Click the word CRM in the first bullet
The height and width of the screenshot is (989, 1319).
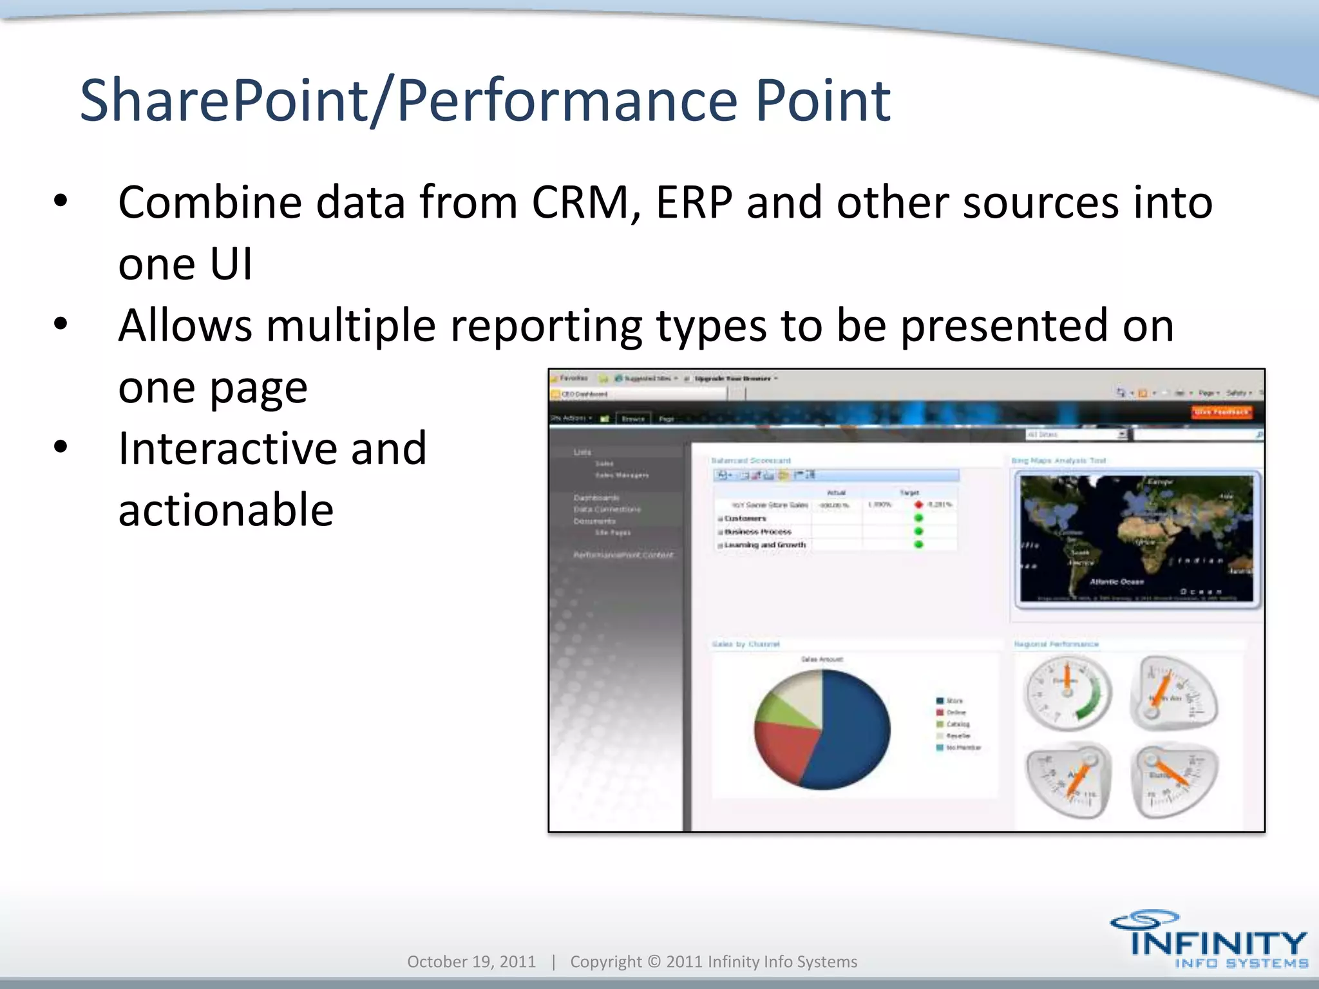580,203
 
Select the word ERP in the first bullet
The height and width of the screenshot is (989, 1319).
694,203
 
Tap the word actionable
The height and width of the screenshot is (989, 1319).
225,510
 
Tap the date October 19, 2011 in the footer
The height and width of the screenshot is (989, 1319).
471,961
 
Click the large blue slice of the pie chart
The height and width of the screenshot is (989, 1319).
853,728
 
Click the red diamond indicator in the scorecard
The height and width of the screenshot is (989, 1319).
918,504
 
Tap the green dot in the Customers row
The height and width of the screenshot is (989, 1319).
918,518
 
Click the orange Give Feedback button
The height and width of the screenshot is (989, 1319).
1221,412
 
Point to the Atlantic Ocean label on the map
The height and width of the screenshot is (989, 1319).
1116,581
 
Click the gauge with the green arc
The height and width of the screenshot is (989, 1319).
1068,693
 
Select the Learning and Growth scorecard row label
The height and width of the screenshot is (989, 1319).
764,545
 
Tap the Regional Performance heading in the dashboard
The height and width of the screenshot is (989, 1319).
1056,644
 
